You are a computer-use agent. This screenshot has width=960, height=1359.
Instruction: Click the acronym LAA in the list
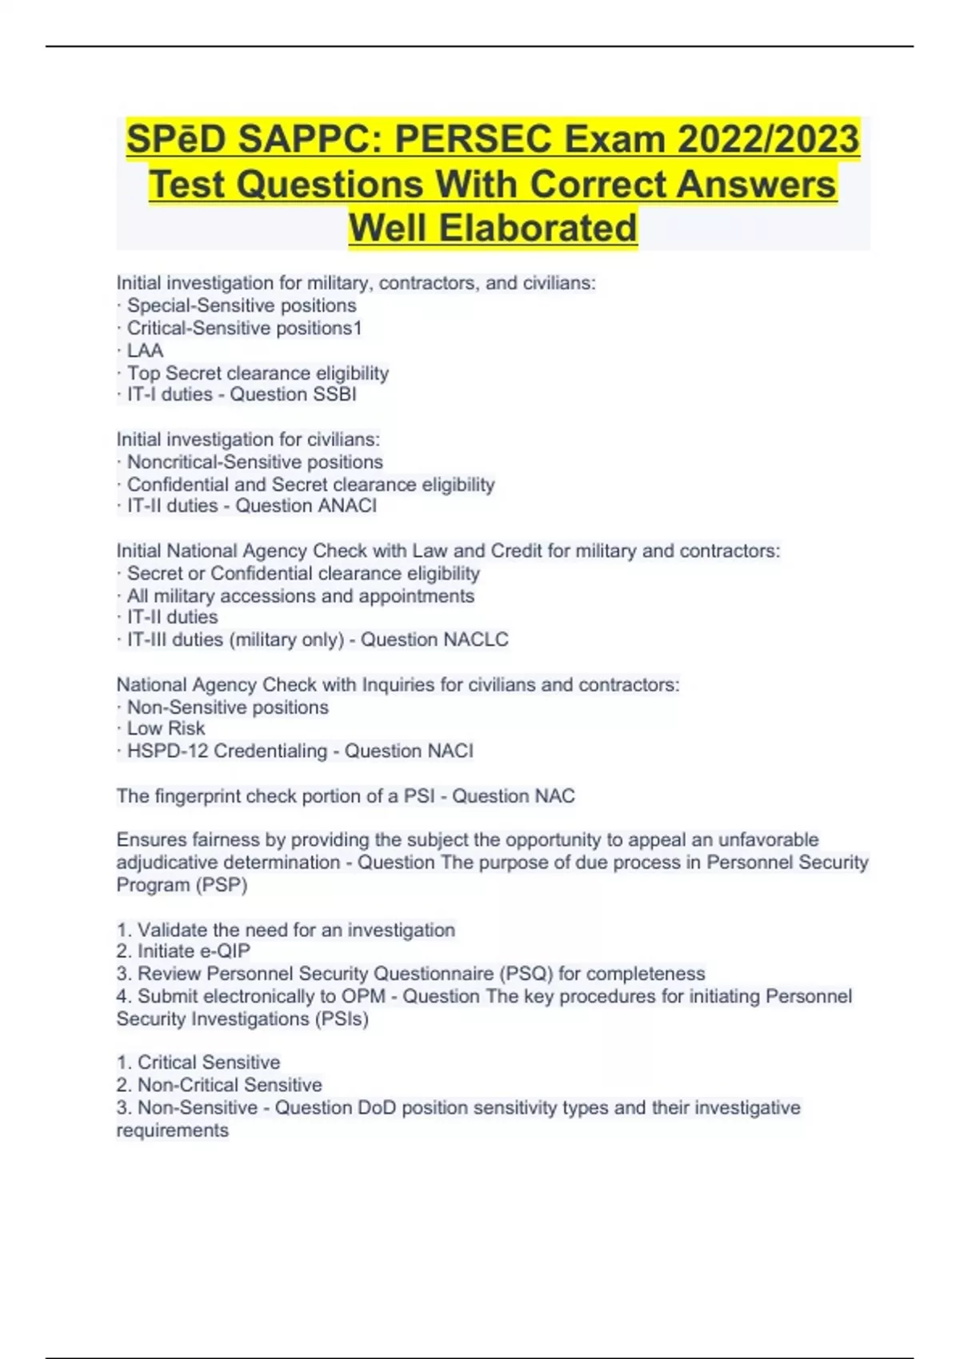(145, 350)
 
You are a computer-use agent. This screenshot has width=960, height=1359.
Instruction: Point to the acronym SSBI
(335, 394)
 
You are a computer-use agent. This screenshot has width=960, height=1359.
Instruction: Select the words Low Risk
(166, 728)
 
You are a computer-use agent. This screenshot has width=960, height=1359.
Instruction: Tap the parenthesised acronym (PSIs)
(342, 1018)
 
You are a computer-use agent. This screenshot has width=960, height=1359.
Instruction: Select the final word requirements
(172, 1130)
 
